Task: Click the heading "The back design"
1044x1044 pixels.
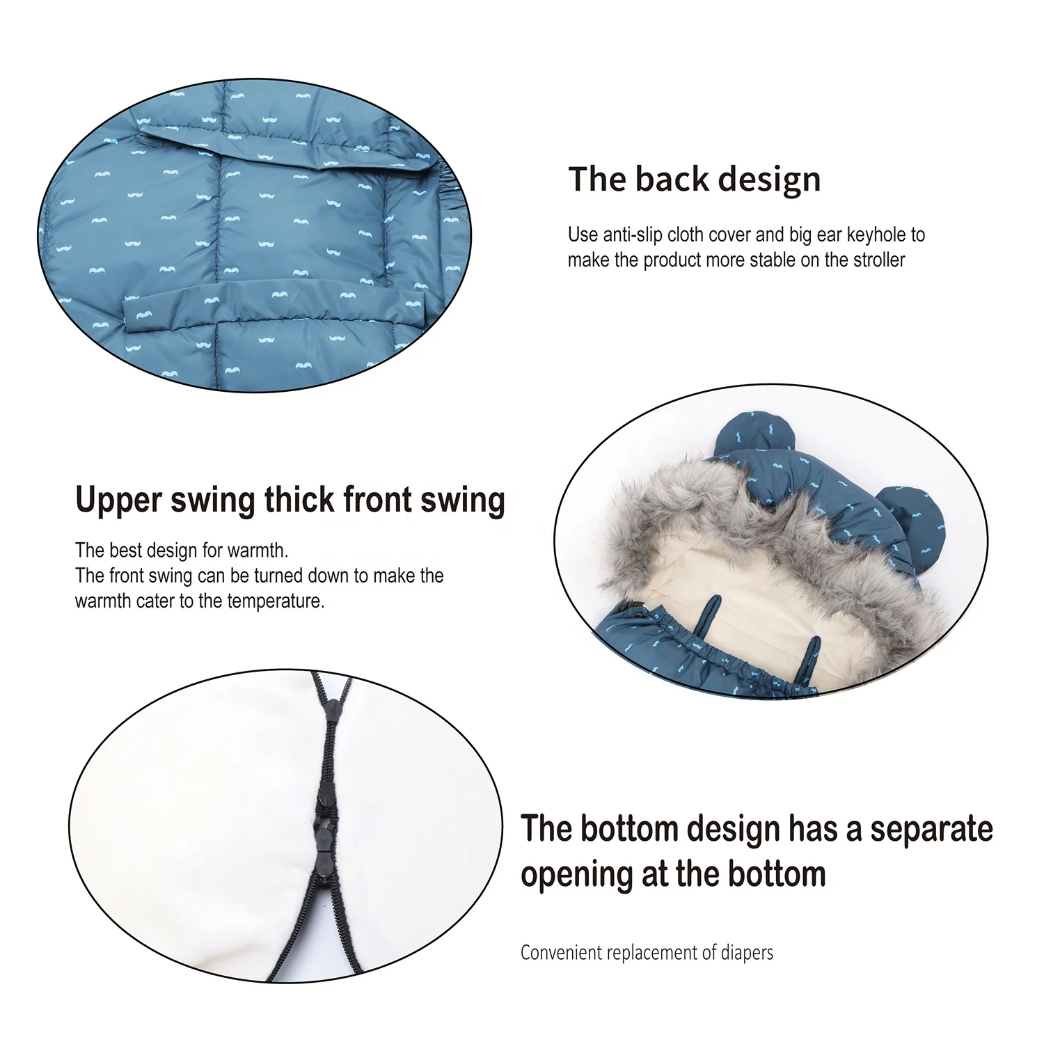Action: tap(694, 180)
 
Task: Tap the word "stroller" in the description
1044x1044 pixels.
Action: tap(875, 260)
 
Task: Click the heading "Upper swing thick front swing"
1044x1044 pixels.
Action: tap(290, 500)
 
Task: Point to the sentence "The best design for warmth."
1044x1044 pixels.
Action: tap(181, 551)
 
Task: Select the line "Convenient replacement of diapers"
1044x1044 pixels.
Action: tap(647, 952)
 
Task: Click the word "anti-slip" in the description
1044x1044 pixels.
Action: tap(631, 235)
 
